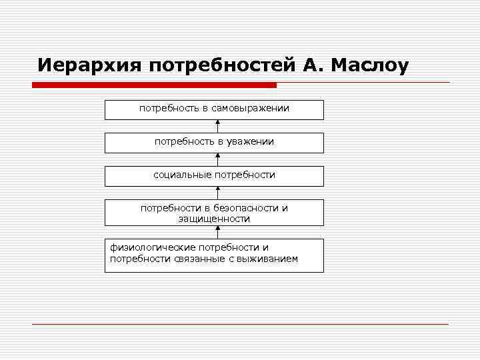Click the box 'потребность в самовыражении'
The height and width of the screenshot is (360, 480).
[x=214, y=109]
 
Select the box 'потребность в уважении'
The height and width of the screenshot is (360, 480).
[x=214, y=143]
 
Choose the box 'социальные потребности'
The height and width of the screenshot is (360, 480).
[x=214, y=176]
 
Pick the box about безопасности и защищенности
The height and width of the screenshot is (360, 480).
[x=214, y=213]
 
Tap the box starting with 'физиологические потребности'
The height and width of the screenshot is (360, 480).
[x=214, y=255]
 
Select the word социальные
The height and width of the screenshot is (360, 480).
[x=181, y=175]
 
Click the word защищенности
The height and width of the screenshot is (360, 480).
[x=214, y=219]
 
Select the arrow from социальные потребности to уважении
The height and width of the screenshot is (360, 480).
[x=217, y=159]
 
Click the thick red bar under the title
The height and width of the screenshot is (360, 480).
[x=153, y=85]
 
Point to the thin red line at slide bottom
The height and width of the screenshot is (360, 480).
[x=240, y=324]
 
